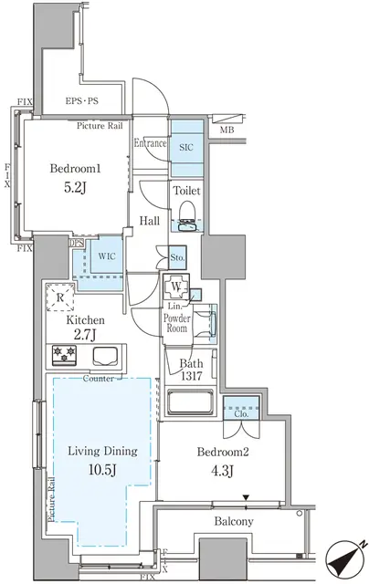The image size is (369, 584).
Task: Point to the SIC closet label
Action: coord(185,146)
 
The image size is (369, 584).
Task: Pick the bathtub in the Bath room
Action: coord(190,401)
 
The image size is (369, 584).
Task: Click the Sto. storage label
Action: coord(177,258)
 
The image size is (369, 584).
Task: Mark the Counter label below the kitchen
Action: coord(97,377)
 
